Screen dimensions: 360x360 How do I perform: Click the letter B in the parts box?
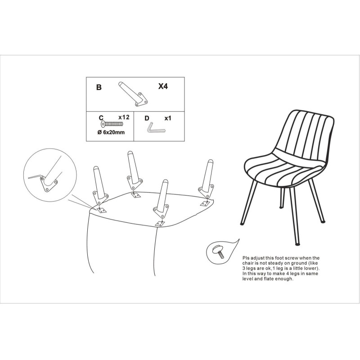point(99,87)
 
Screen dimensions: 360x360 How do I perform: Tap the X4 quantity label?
point(163,86)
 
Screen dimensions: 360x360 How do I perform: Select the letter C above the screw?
point(101,118)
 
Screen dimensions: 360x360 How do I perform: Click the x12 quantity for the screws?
point(124,117)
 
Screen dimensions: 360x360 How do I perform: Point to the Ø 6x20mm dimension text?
point(111,132)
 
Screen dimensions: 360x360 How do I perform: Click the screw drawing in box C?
point(112,124)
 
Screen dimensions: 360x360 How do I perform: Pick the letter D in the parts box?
point(147,118)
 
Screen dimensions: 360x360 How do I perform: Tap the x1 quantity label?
point(168,118)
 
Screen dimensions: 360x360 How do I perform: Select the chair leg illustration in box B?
point(133,94)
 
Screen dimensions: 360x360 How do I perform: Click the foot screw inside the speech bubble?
point(218,252)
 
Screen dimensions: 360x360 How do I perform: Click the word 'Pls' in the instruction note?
point(246,258)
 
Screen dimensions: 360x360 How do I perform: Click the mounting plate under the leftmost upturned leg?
point(101,210)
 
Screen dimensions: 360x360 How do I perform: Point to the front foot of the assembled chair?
point(297,243)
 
